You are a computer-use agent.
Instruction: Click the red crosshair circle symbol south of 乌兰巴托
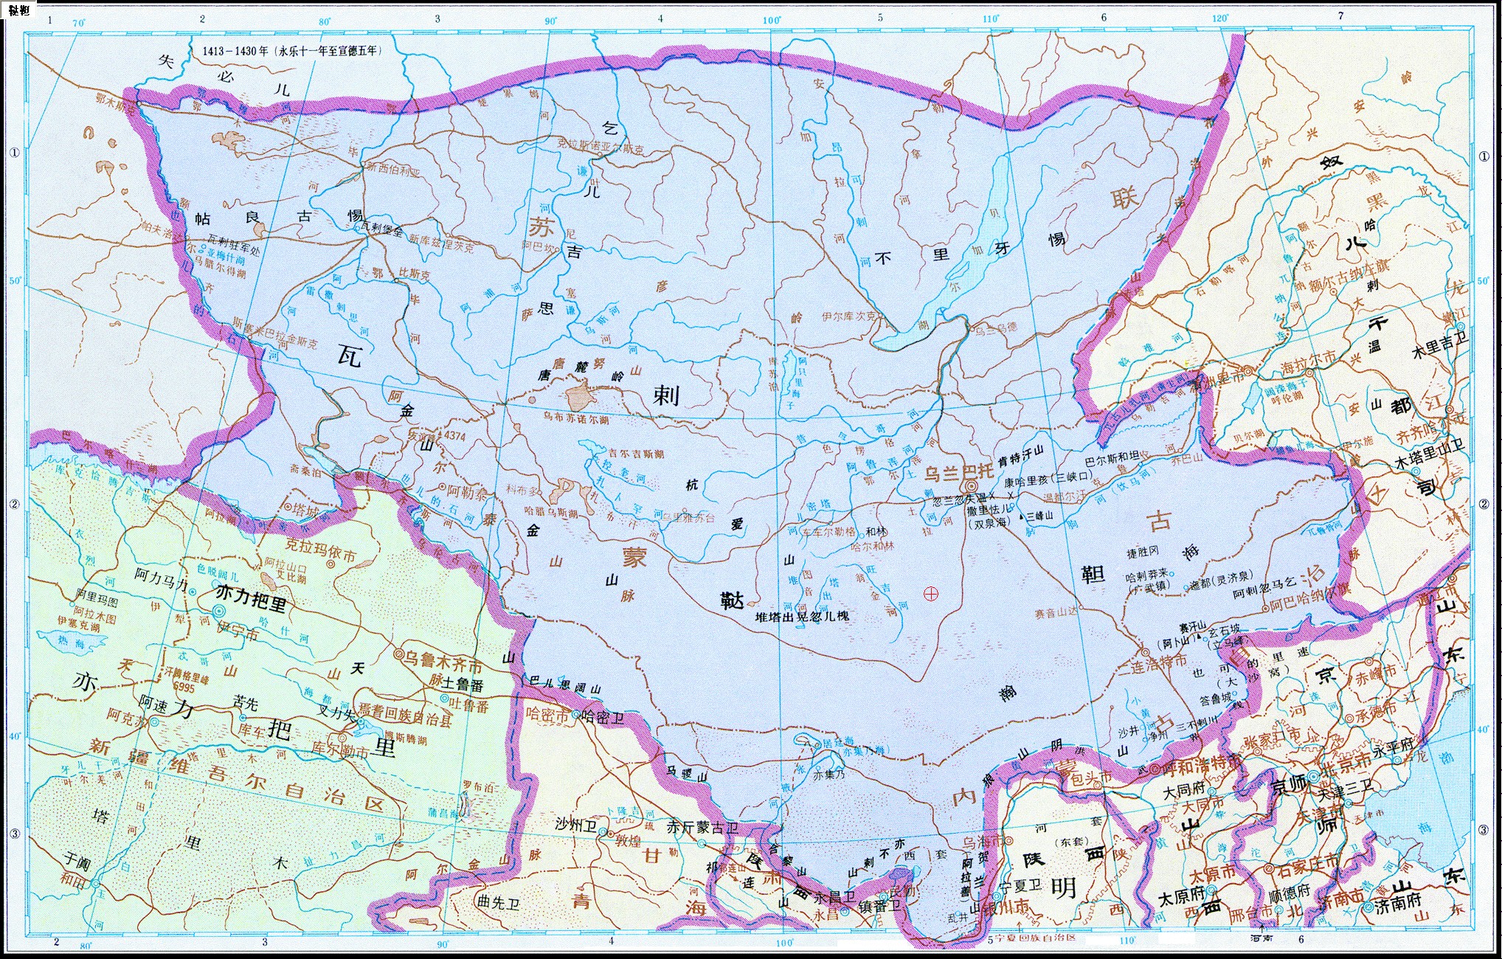pos(931,593)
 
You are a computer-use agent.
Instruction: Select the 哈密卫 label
pos(603,716)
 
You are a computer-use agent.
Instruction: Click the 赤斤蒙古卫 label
pos(702,828)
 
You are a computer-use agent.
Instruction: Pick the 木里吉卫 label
pos(1439,345)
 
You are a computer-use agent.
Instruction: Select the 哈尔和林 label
pos(873,547)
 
